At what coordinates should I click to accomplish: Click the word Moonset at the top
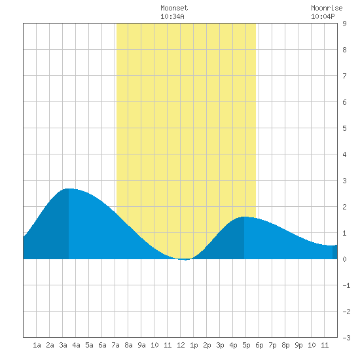(x=174, y=8)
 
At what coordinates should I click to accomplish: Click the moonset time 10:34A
(x=172, y=16)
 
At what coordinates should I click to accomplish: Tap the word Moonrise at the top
(x=327, y=8)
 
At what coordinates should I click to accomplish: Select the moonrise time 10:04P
(x=323, y=16)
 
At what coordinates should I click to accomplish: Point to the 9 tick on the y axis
(x=344, y=24)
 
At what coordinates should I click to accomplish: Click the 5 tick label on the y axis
(x=344, y=128)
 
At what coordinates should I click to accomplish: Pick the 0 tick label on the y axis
(x=344, y=259)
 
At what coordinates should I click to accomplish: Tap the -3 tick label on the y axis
(x=346, y=338)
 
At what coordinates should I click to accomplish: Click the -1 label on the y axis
(x=346, y=285)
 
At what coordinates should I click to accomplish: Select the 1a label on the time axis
(x=37, y=345)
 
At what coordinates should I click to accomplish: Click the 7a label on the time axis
(x=115, y=345)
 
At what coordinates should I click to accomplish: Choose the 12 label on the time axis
(x=181, y=345)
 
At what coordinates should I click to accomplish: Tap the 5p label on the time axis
(x=246, y=345)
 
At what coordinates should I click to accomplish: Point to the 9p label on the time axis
(x=298, y=345)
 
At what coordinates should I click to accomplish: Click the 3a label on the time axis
(x=63, y=345)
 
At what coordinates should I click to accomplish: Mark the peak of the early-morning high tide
(x=69, y=189)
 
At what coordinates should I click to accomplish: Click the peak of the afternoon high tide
(x=244, y=217)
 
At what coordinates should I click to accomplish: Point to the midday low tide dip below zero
(x=185, y=260)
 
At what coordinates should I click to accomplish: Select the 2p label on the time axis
(x=207, y=345)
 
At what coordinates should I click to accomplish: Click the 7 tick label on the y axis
(x=344, y=76)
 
